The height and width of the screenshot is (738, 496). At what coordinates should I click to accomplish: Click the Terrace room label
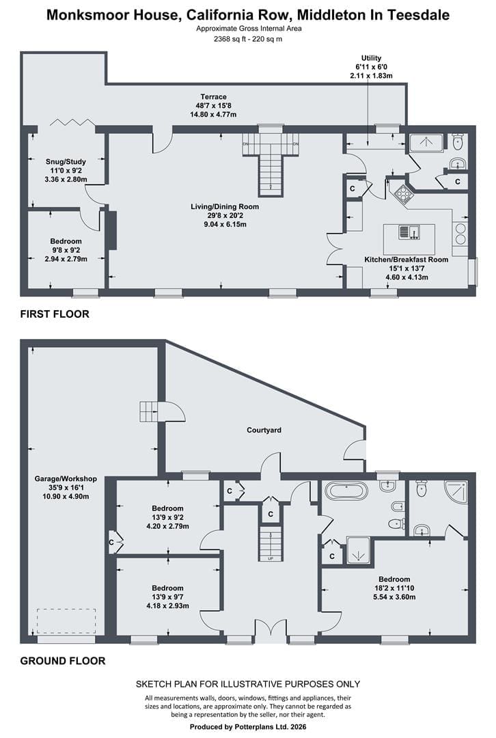tap(213, 97)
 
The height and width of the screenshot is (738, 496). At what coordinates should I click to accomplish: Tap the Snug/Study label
tap(66, 161)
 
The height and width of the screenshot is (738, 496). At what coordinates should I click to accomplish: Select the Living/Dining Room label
tap(225, 206)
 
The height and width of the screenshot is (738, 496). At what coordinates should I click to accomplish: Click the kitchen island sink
tap(409, 232)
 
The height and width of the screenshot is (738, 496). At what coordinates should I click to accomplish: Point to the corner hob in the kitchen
tap(403, 193)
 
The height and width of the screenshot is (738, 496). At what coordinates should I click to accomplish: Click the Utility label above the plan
tap(371, 58)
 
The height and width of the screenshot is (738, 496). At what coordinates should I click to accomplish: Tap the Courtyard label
tap(264, 430)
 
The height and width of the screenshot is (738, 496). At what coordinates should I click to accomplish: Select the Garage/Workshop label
tap(66, 478)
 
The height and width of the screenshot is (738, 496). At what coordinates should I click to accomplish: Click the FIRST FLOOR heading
tap(55, 314)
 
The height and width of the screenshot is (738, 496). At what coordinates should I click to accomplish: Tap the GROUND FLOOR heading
tap(63, 661)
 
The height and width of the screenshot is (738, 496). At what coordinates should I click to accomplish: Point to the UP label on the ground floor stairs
tap(271, 559)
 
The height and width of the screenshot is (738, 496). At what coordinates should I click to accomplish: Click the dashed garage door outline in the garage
tap(66, 622)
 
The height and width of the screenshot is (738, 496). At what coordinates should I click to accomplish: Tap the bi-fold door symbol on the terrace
tap(72, 122)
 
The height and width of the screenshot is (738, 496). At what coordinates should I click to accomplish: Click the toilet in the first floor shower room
tap(458, 141)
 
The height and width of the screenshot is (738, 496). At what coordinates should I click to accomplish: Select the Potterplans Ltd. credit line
tap(248, 727)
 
